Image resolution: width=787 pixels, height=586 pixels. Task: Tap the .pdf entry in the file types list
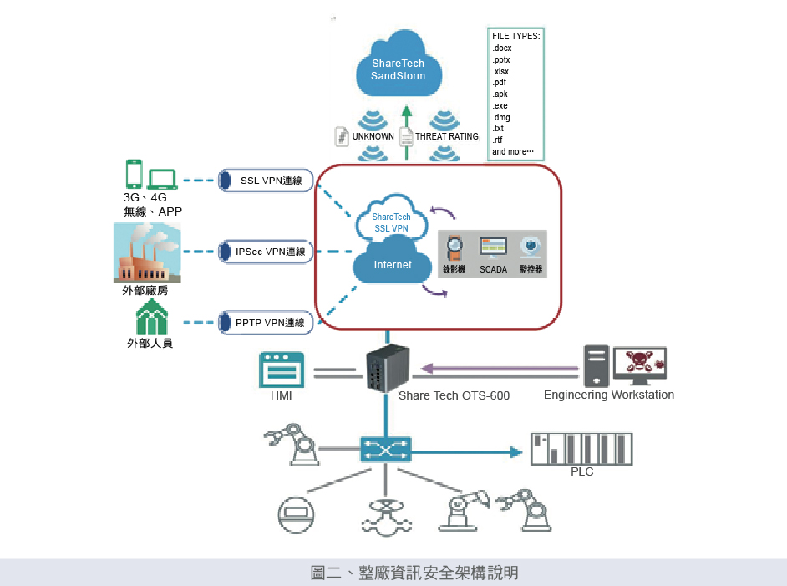[x=500, y=83]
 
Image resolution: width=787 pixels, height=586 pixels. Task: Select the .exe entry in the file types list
[x=500, y=106]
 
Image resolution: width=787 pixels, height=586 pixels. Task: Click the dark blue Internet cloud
[x=393, y=264]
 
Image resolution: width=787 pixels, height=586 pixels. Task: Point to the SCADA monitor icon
[x=493, y=247]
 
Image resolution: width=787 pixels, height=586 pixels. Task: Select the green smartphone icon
[x=134, y=175]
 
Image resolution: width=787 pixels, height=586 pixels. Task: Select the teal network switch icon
[x=385, y=450]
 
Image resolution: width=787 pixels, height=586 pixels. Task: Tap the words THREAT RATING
[x=447, y=136]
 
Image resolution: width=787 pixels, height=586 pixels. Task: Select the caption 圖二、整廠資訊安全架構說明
[x=414, y=573]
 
